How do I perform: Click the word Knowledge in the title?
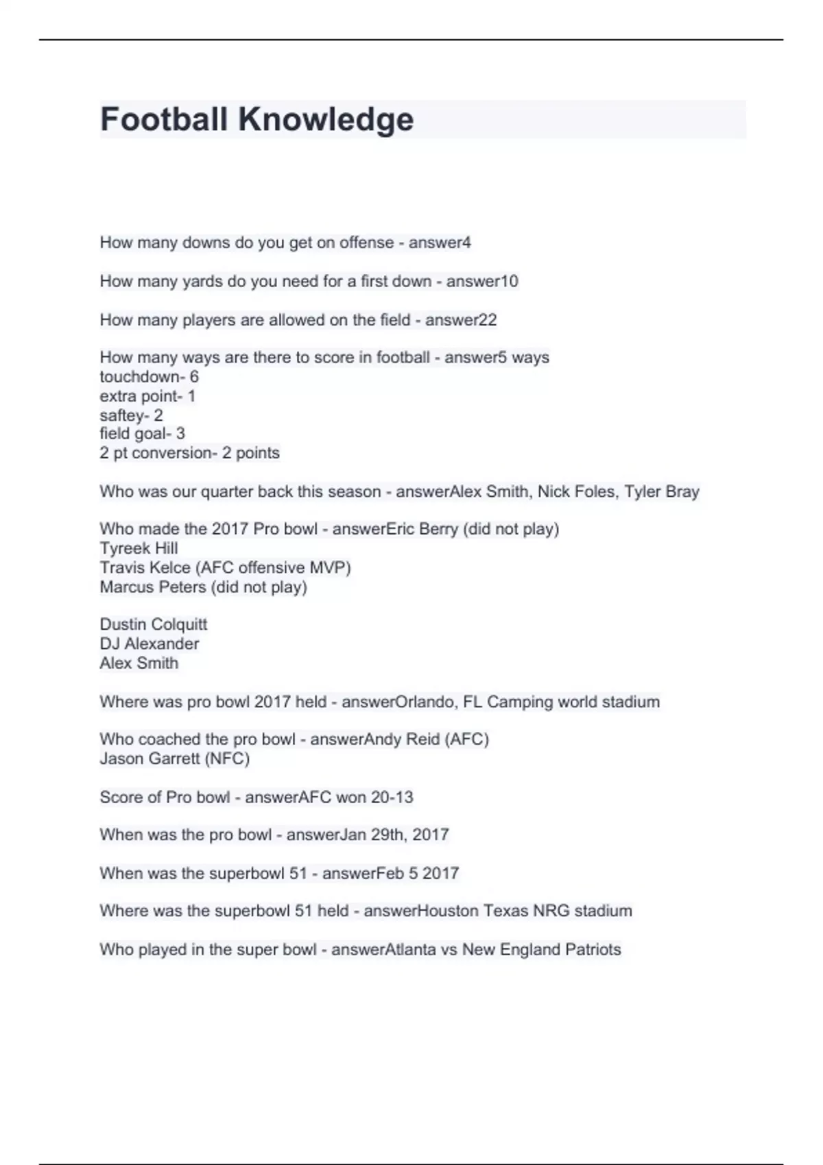point(326,119)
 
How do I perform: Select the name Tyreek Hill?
point(139,548)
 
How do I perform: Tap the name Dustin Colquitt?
point(153,624)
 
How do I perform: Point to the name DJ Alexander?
point(149,643)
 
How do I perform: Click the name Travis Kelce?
point(145,567)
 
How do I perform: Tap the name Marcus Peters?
point(152,587)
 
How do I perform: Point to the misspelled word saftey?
point(121,415)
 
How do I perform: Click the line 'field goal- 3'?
point(142,434)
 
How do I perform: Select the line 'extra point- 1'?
point(147,396)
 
